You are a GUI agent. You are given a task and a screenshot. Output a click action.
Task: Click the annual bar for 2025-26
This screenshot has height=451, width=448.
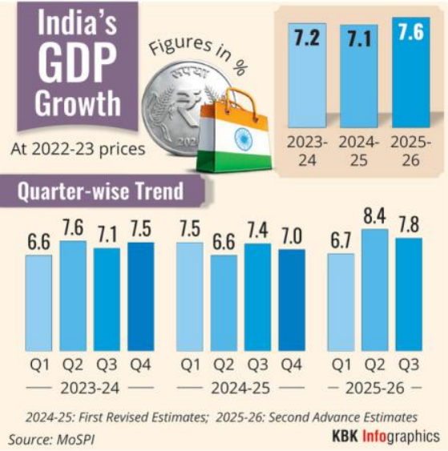(411, 72)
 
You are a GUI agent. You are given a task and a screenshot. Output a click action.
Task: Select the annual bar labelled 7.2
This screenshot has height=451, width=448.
(307, 75)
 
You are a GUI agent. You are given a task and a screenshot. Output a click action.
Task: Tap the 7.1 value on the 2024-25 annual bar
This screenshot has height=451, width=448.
(359, 38)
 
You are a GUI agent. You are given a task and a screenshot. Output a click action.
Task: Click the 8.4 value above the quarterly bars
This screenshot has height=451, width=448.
(374, 216)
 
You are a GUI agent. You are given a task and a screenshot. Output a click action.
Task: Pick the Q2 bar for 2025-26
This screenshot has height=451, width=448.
(375, 290)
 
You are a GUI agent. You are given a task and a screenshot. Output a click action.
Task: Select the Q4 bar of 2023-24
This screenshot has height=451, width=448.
(141, 296)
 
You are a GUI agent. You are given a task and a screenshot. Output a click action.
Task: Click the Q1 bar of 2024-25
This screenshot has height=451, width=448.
(190, 296)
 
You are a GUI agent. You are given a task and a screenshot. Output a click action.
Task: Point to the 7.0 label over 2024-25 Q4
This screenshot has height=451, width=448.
(292, 236)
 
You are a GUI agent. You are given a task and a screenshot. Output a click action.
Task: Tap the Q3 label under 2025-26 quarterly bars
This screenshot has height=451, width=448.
(409, 364)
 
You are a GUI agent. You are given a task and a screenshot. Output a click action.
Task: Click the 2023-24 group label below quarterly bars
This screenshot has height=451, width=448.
(90, 389)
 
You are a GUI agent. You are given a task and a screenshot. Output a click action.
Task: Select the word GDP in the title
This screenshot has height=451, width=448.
(78, 62)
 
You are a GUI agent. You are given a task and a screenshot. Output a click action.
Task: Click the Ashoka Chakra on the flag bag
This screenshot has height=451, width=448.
(244, 140)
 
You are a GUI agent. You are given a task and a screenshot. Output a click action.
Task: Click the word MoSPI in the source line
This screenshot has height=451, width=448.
(75, 440)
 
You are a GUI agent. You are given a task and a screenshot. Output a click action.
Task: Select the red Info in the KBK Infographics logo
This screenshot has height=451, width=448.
(374, 436)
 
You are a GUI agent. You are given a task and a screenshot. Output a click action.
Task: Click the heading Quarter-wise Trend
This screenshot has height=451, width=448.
(100, 191)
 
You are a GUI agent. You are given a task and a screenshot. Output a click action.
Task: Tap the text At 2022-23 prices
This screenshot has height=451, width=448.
(78, 149)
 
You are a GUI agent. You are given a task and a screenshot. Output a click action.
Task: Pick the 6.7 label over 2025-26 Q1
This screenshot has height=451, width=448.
(341, 240)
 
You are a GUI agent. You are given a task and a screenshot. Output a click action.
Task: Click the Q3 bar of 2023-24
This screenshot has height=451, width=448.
(107, 300)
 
